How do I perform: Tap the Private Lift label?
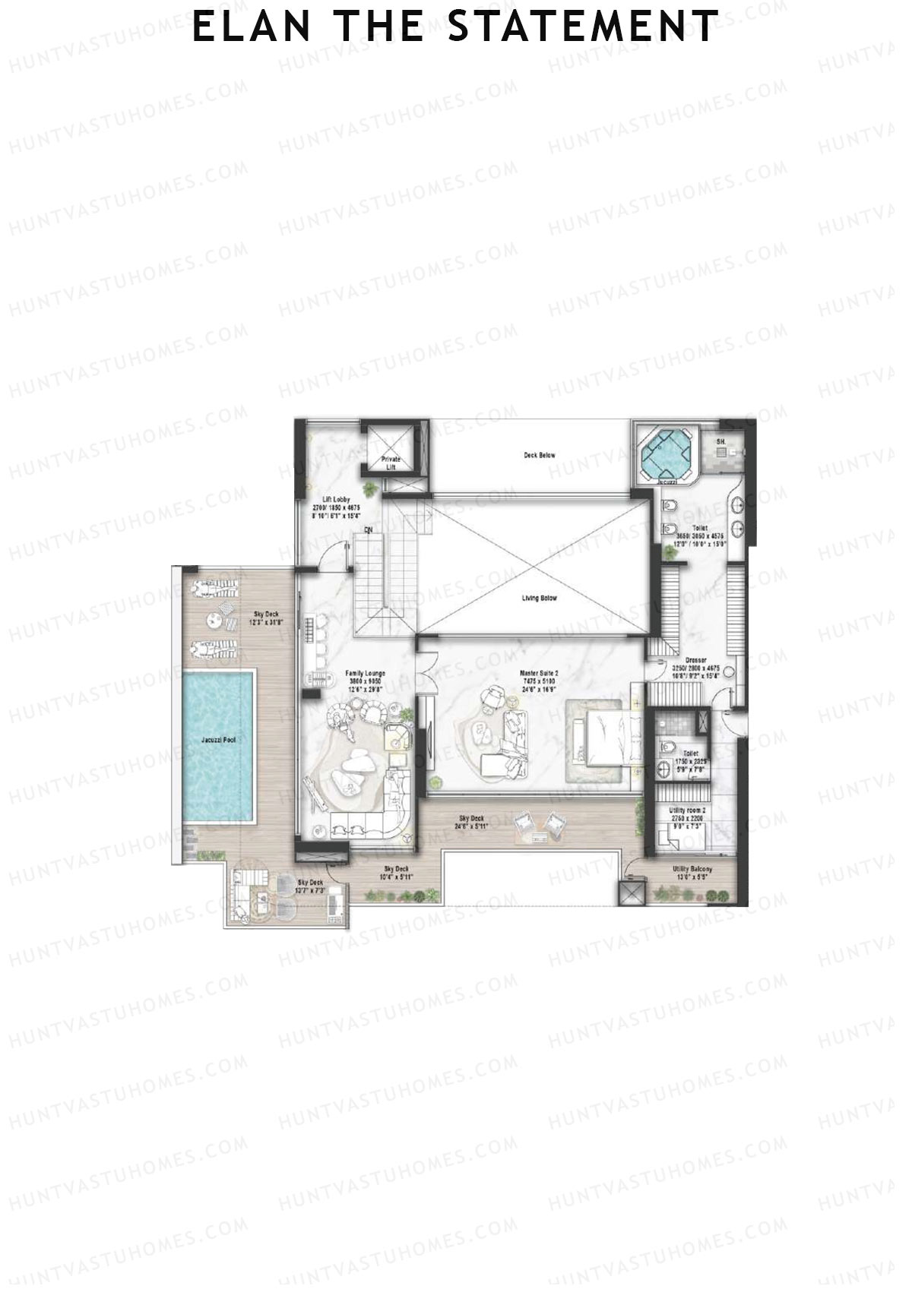(391, 463)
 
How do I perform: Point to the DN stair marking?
(369, 529)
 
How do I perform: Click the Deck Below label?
(540, 456)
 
